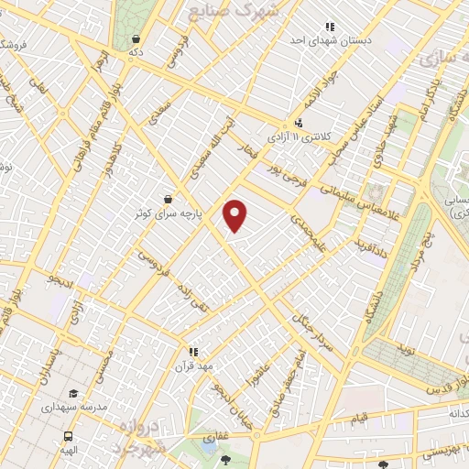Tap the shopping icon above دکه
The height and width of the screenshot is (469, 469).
tap(136, 38)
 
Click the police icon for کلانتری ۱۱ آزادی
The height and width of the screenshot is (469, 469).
tap(299, 123)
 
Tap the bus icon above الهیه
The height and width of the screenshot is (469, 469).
tap(69, 437)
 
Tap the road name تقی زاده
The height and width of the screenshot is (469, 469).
tap(194, 297)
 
